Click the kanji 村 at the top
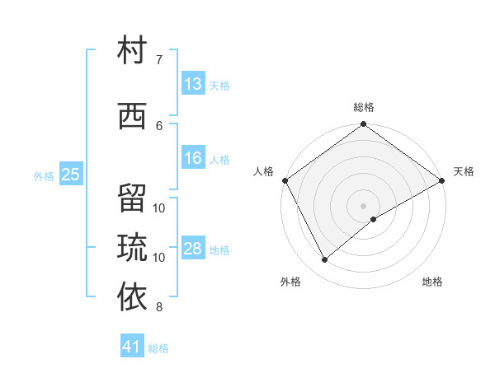click(133, 52)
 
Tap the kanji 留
click(133, 200)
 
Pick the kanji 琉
click(133, 247)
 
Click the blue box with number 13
click(193, 84)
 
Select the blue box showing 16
click(193, 158)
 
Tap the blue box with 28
click(193, 249)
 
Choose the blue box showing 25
click(71, 174)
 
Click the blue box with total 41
click(132, 347)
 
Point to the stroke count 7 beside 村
click(159, 60)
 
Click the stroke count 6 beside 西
click(159, 125)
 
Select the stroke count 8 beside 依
click(159, 308)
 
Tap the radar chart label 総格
click(364, 107)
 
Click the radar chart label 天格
click(464, 171)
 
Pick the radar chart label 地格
click(432, 282)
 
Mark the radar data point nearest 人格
click(285, 180)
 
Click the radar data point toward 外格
click(325, 260)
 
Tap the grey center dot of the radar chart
click(364, 205)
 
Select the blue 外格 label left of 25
click(43, 175)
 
